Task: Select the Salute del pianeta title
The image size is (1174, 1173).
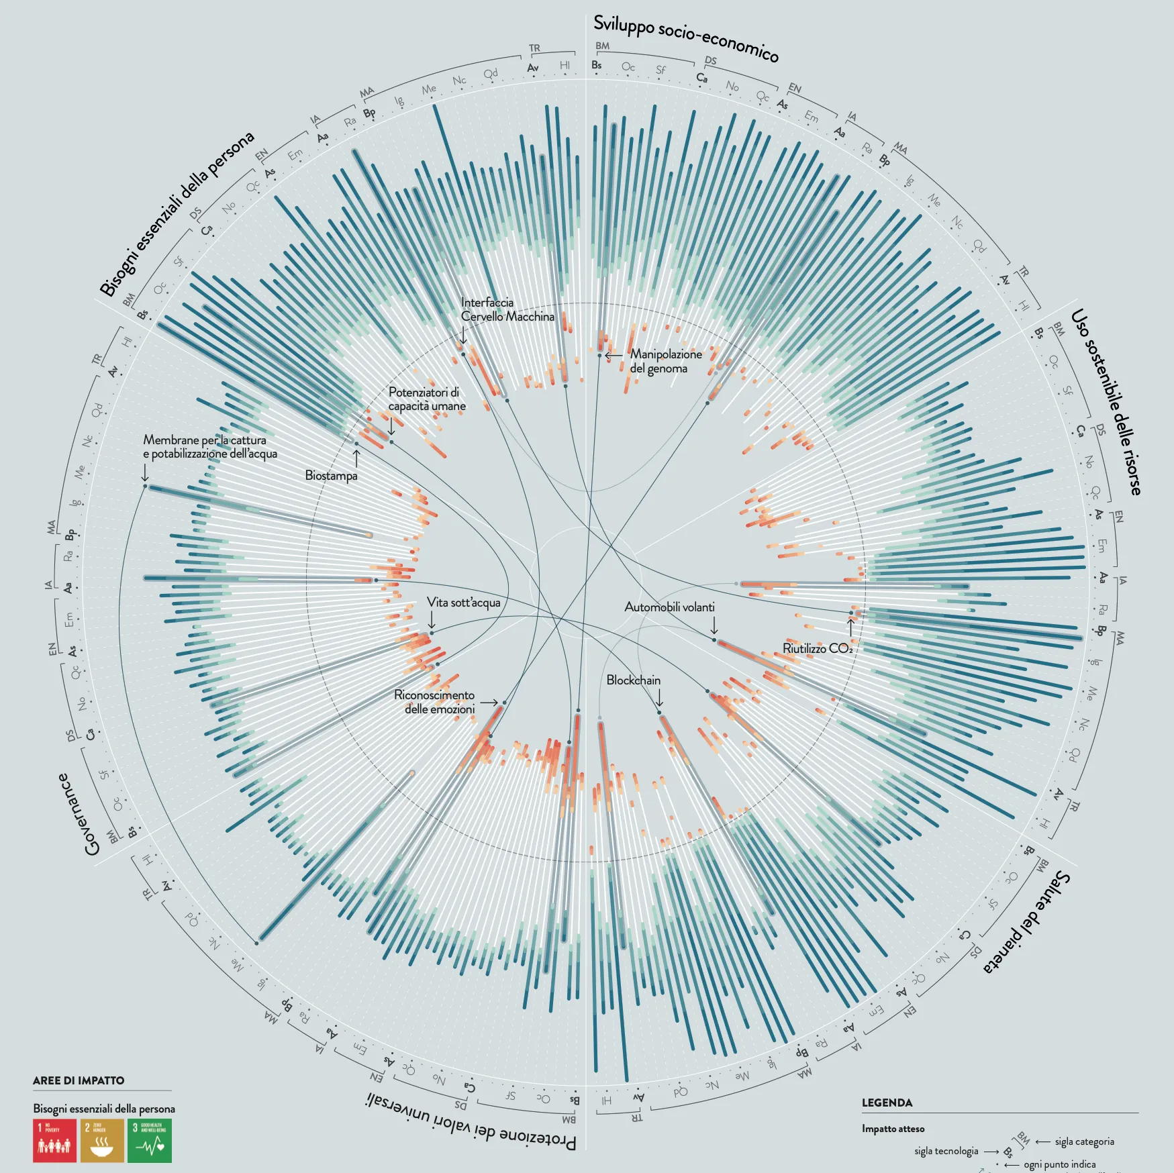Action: tap(1027, 922)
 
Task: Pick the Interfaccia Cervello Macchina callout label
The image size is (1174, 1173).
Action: tap(507, 309)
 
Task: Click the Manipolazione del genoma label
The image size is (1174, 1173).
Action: tap(665, 361)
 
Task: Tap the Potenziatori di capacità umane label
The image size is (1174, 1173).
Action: tap(427, 399)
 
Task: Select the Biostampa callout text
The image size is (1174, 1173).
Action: tap(331, 476)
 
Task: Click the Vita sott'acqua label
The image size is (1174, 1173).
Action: tap(464, 603)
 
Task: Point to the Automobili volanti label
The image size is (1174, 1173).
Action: tap(669, 607)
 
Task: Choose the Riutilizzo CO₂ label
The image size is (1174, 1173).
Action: tap(818, 649)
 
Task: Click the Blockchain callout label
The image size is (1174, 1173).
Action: tap(633, 680)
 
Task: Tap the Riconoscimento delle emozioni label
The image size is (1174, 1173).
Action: tap(434, 702)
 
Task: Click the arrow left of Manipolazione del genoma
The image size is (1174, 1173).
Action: tap(614, 356)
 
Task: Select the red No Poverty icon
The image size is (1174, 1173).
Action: tap(54, 1140)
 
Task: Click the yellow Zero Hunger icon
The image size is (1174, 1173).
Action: tap(102, 1140)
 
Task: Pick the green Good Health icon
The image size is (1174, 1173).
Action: tap(150, 1140)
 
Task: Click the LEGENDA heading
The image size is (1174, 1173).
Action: tap(887, 1103)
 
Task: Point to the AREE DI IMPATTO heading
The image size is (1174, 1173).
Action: tap(79, 1080)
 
